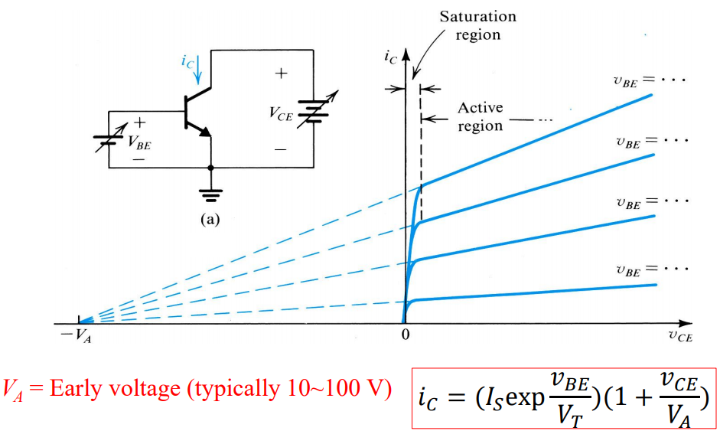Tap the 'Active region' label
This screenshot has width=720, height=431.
(481, 116)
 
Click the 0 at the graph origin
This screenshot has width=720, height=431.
(406, 335)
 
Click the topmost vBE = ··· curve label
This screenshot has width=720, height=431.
(653, 80)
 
